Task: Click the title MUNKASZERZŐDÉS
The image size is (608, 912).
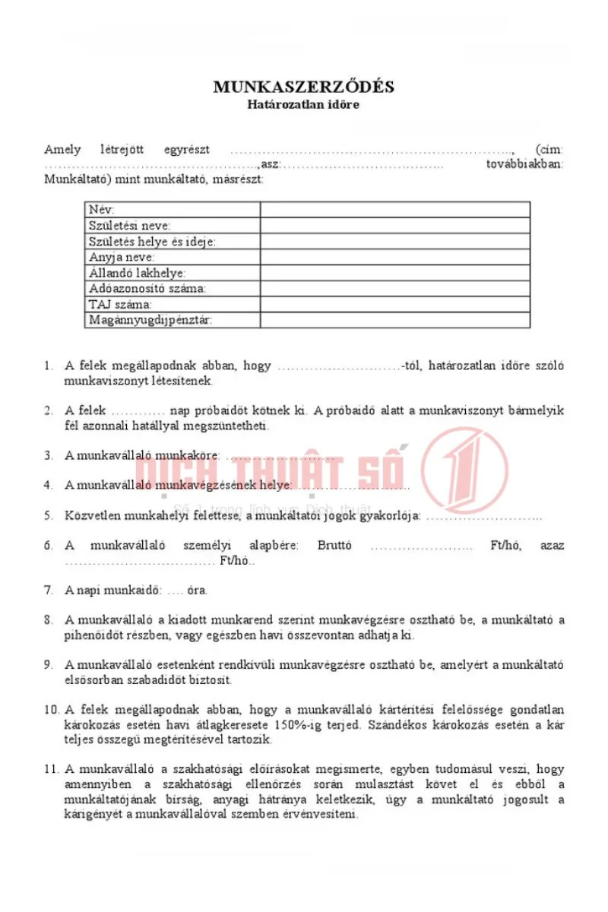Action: point(303,87)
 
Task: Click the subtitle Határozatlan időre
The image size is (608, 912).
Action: point(303,105)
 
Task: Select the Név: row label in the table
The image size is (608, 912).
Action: point(102,210)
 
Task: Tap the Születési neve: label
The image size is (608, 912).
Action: point(129,226)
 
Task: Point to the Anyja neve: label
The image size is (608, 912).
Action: point(122,257)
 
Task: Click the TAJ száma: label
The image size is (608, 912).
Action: point(120,304)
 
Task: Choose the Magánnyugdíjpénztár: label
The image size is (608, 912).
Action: point(150,320)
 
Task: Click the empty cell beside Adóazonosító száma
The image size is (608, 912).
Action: point(395,289)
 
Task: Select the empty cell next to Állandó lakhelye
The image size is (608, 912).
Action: point(395,273)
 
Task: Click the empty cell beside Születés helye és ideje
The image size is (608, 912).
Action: point(395,242)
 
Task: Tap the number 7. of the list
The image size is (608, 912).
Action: point(48,590)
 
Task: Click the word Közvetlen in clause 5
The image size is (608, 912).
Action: point(90,516)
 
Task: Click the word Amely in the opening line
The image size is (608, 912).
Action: point(62,150)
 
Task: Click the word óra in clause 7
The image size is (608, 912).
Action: point(196,590)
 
